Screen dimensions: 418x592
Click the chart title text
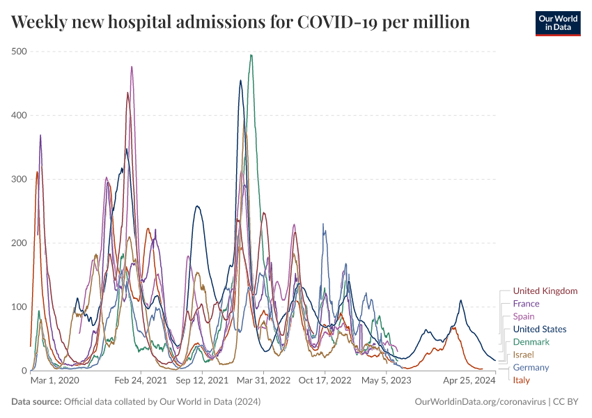click(x=240, y=22)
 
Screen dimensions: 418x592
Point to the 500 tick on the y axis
click(x=19, y=52)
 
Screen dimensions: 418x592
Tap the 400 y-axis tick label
click(x=19, y=115)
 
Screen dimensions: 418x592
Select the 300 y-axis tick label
click(x=19, y=179)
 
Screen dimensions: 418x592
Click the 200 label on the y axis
click(x=19, y=243)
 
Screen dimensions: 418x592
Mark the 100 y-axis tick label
click(x=19, y=307)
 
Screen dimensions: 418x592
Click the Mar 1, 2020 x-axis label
click(x=55, y=381)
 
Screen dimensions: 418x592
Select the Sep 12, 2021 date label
click(x=202, y=381)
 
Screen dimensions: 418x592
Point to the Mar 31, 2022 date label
click(x=263, y=381)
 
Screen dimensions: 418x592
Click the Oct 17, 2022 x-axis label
click(x=325, y=381)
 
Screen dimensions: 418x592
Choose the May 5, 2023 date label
click(x=387, y=381)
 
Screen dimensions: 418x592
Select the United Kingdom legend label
click(x=545, y=291)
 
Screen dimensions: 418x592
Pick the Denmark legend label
click(x=531, y=342)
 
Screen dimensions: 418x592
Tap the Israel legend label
click(x=523, y=355)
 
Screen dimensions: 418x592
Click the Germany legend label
click(x=531, y=367)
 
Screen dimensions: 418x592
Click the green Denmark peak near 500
click(x=251, y=55)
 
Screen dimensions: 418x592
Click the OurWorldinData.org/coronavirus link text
click(x=480, y=402)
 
